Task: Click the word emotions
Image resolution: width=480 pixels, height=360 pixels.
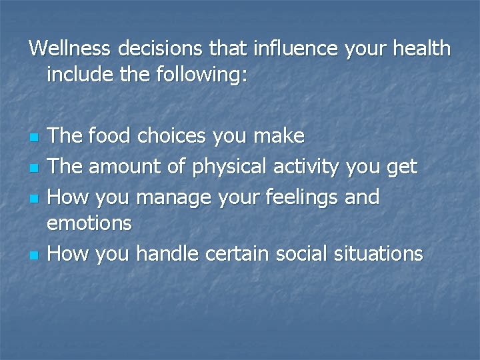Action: pyautogui.click(x=89, y=223)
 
